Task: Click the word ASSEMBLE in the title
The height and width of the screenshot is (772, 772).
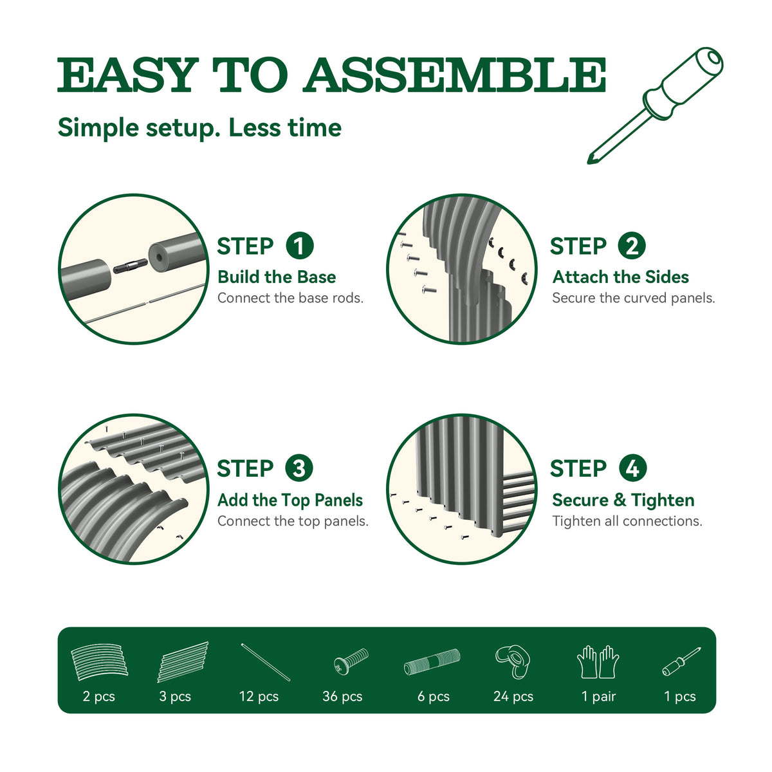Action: click(454, 75)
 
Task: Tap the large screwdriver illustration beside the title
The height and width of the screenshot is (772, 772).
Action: click(656, 106)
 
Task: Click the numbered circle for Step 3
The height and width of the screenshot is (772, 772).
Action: click(299, 468)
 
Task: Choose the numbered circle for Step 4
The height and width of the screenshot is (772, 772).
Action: click(632, 468)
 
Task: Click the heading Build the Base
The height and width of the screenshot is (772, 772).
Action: click(277, 277)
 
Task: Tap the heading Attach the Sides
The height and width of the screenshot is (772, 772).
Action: click(621, 277)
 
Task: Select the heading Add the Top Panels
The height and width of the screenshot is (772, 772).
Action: click(290, 501)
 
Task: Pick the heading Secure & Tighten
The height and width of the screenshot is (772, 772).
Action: click(623, 501)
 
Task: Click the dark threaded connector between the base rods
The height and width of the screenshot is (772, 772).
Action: click(130, 266)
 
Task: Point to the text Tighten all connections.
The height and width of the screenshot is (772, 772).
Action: click(627, 521)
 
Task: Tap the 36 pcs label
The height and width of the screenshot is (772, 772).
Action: click(342, 697)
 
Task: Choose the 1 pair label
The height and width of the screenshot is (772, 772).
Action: click(598, 697)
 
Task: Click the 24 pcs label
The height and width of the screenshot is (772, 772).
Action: click(513, 697)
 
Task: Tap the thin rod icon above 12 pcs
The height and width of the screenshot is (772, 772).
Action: click(266, 662)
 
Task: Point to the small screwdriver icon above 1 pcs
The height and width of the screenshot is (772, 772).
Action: click(681, 661)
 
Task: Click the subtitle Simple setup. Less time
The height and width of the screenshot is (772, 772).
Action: click(199, 128)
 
